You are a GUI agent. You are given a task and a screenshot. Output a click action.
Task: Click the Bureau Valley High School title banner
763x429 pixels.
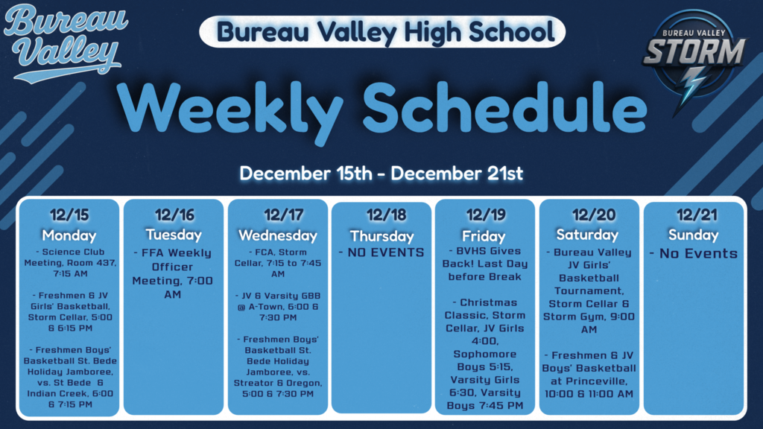point(382,31)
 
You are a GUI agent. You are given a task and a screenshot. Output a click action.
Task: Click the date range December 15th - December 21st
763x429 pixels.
point(381,174)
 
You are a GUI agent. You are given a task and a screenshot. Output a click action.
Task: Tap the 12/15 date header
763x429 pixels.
point(69,215)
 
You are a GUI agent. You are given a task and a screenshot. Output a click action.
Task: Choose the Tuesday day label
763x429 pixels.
point(174,235)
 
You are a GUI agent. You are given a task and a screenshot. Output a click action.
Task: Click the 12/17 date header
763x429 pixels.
point(278,215)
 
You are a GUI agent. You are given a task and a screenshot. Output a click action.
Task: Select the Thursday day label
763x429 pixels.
point(381,235)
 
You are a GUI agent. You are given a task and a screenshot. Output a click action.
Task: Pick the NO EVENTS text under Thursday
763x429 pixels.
point(381,252)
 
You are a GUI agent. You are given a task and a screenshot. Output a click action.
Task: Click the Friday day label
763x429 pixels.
point(485,235)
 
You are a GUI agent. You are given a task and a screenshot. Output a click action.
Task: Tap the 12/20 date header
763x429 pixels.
point(589,215)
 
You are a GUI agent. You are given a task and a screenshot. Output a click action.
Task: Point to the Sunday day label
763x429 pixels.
point(693,235)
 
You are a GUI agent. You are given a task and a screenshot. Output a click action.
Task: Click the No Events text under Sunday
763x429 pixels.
point(693,253)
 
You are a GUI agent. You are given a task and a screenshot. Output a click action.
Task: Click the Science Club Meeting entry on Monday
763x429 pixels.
point(69,263)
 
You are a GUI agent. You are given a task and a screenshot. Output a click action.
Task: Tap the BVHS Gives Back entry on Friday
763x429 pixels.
point(485,264)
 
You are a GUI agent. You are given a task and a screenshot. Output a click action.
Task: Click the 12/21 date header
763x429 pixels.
point(693,215)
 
